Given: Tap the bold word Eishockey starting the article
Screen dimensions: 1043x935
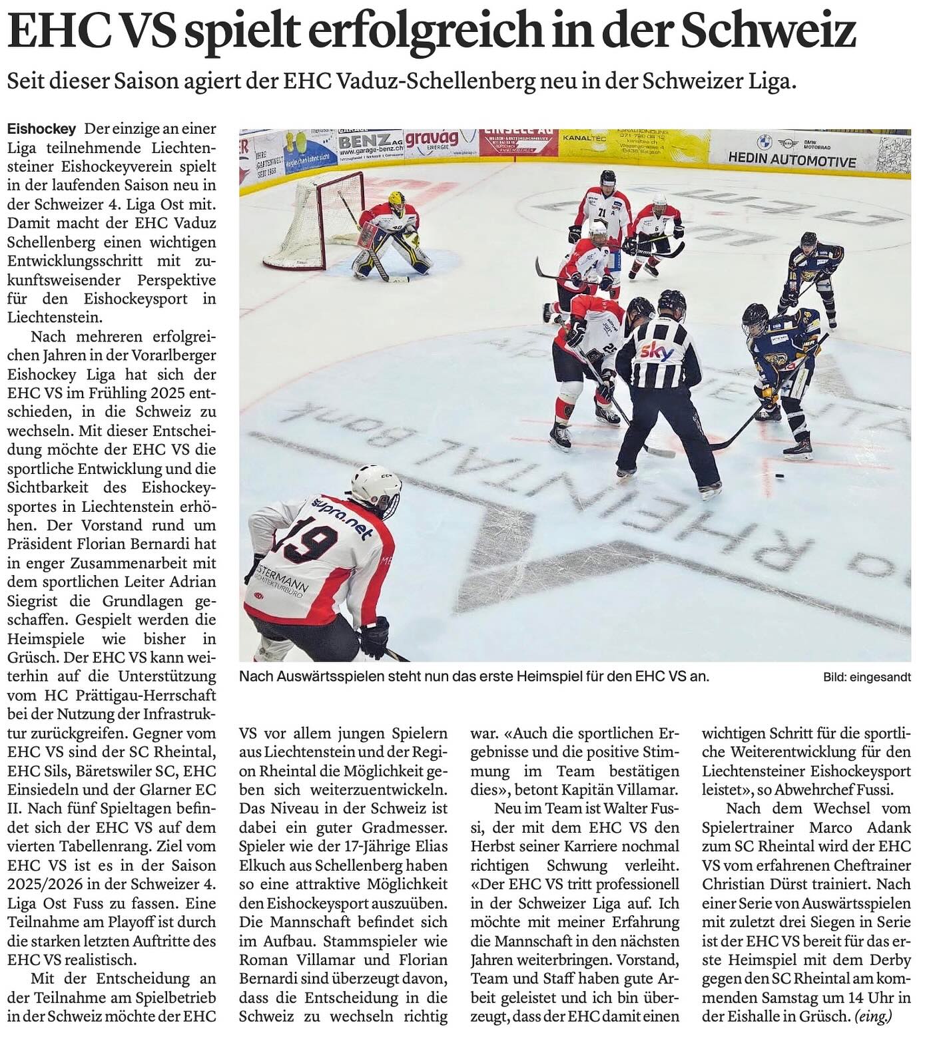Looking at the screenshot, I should point(41,128).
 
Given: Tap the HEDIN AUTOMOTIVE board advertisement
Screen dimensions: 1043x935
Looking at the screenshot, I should point(791,160).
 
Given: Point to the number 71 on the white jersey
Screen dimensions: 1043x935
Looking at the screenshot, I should point(601,213).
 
